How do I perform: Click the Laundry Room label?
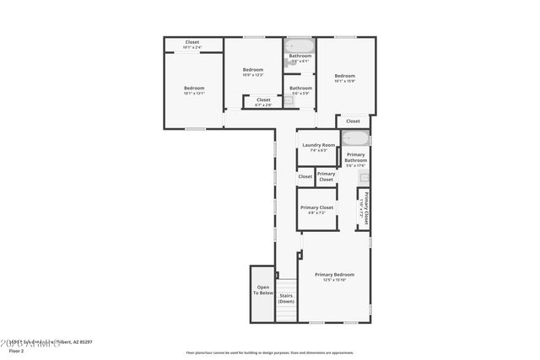point(318,145)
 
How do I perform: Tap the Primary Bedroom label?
point(334,275)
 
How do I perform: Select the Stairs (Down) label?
point(287,298)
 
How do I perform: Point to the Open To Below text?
point(264,289)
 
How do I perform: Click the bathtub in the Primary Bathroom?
point(356,138)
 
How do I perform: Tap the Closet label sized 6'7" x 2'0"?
point(263,100)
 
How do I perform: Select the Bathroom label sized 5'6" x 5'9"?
point(300,89)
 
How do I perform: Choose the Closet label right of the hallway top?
point(353,121)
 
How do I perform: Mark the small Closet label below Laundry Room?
point(305,177)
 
